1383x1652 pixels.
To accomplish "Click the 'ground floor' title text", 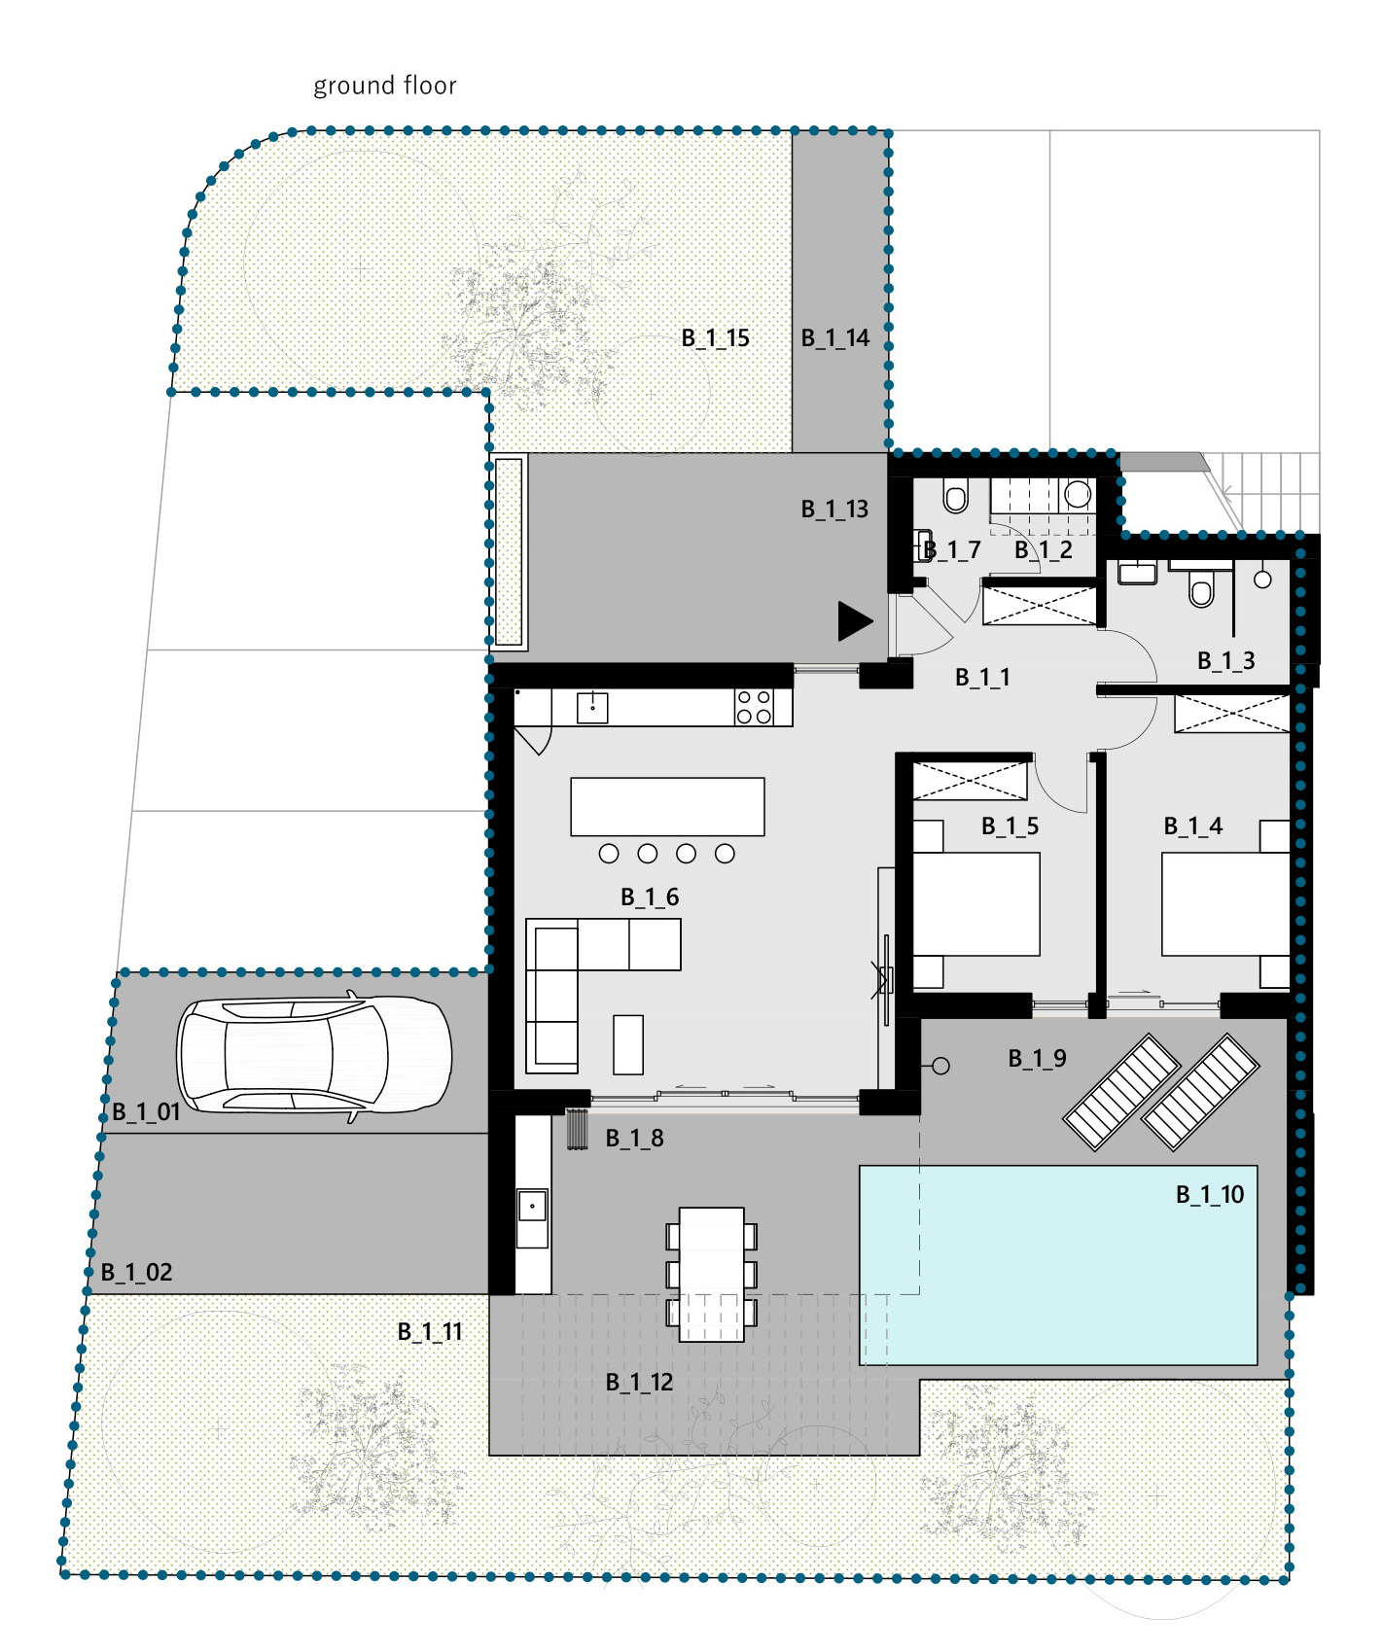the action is (x=384, y=87).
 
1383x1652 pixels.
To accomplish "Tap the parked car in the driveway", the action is (x=314, y=1057).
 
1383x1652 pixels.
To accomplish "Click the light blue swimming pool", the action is (x=1058, y=1265).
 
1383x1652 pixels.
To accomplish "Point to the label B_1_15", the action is (x=715, y=338).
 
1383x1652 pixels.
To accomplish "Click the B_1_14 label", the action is (x=834, y=338).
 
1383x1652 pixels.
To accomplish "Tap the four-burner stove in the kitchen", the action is (x=754, y=707).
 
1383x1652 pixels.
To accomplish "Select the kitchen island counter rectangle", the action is (x=667, y=806).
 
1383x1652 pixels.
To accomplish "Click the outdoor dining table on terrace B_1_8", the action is (x=711, y=1275).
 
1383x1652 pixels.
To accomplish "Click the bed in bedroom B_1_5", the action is (x=976, y=904).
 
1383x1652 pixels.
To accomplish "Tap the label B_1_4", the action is (x=1192, y=826).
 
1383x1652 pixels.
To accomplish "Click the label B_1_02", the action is (x=136, y=1273).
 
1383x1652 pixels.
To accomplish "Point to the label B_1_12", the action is (x=639, y=1383).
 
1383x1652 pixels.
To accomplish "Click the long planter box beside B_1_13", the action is (x=510, y=551).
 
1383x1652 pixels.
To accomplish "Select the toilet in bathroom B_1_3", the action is (x=1202, y=587).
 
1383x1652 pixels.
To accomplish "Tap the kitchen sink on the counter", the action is (x=592, y=708).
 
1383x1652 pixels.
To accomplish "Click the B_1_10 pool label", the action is (x=1210, y=1195).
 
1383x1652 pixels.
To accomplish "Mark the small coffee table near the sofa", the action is (x=628, y=1044).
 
